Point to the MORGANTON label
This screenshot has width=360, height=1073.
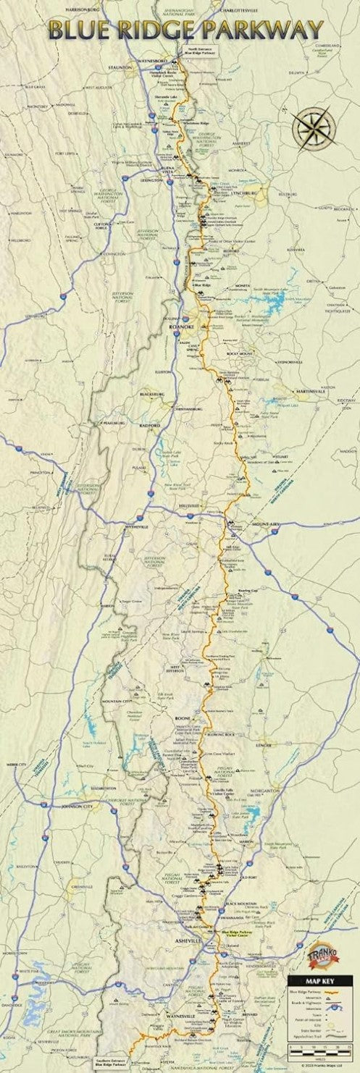[262, 790]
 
